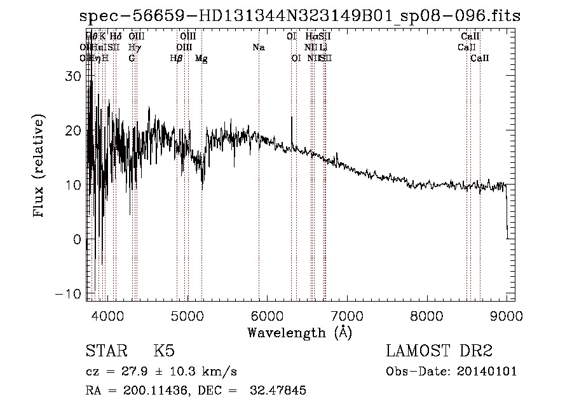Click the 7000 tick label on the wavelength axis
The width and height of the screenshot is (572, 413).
pyautogui.click(x=346, y=316)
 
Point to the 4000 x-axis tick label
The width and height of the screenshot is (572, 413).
pyautogui.click(x=107, y=316)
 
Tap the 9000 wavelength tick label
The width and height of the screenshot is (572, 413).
pyautogui.click(x=507, y=316)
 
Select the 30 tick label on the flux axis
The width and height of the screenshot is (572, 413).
pyautogui.click(x=75, y=76)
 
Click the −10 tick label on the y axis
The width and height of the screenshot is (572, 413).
pyautogui.click(x=70, y=294)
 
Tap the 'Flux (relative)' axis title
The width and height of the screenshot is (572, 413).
pyautogui.click(x=39, y=167)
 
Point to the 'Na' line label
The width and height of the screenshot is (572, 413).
pyautogui.click(x=259, y=47)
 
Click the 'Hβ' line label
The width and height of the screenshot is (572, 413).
pyautogui.click(x=177, y=58)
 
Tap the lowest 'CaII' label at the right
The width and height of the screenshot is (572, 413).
pyautogui.click(x=480, y=58)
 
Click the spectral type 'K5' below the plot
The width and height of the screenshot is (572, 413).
pyautogui.click(x=163, y=352)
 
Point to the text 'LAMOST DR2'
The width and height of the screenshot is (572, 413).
pyautogui.click(x=439, y=352)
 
